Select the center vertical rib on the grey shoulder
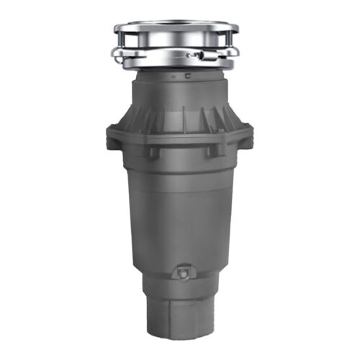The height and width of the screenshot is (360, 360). [x=182, y=115]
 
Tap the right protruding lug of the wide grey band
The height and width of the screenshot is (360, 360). [x=248, y=134]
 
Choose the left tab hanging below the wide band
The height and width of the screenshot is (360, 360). [x=153, y=152]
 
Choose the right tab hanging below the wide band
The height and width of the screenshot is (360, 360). [x=213, y=151]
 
